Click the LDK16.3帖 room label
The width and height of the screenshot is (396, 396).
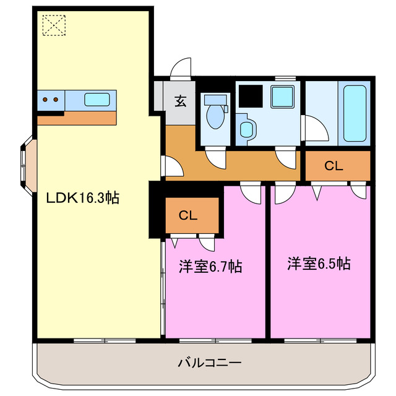tap(83, 199)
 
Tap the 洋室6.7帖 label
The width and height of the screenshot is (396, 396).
tap(210, 267)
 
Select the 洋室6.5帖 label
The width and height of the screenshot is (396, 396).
tap(319, 264)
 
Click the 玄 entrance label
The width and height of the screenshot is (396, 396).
tap(179, 101)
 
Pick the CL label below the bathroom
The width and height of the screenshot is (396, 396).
tap(334, 166)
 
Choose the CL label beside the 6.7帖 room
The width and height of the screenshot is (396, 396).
tap(188, 216)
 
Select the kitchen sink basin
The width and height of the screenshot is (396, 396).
tap(97, 99)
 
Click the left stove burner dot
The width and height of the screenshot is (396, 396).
tap(46, 99)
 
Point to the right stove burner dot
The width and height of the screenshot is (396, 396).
tap(56, 99)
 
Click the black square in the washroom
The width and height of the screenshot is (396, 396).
tap(251, 95)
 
